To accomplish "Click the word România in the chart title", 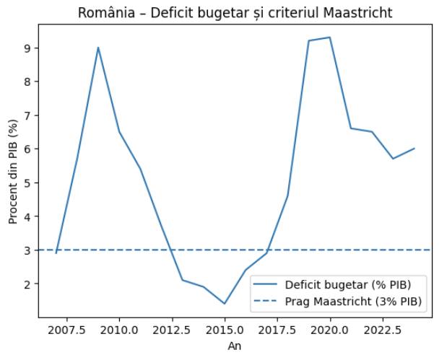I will click(x=145, y=14).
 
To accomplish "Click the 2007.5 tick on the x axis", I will click(x=66, y=330).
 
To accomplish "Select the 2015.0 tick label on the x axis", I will click(x=225, y=330).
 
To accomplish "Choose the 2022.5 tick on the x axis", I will click(x=383, y=330).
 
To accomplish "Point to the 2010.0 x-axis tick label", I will click(x=119, y=330).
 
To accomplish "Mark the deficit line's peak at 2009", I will click(x=98, y=48).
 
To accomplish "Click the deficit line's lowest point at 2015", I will click(x=225, y=304).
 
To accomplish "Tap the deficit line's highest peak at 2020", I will click(x=330, y=38).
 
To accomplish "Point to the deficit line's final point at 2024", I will click(x=414, y=149).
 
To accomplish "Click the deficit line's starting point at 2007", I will click(x=56, y=253).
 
